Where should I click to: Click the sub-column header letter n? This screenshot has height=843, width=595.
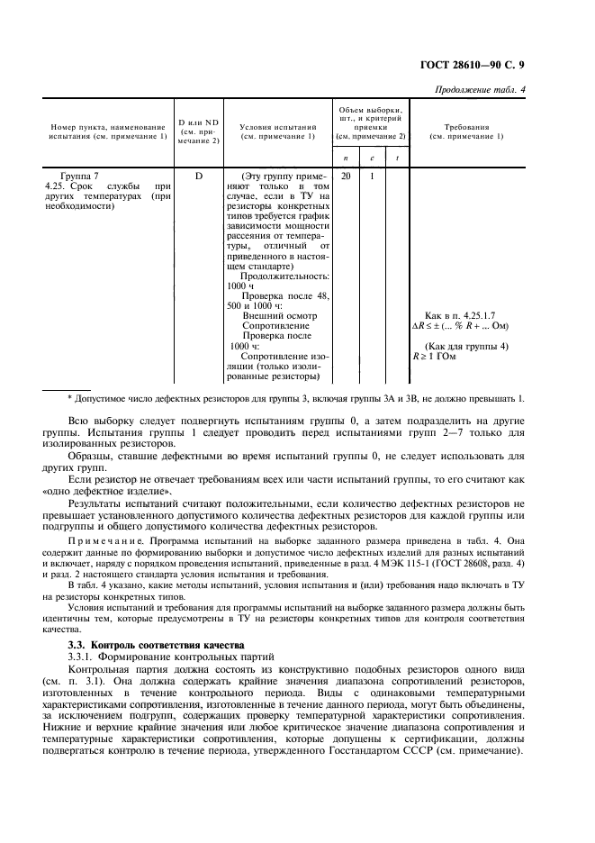347,158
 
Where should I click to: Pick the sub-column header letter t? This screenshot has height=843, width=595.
397,158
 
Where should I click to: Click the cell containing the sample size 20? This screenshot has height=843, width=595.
347,175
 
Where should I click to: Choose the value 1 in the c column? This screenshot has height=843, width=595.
372,175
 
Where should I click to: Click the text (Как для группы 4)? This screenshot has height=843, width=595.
465,345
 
